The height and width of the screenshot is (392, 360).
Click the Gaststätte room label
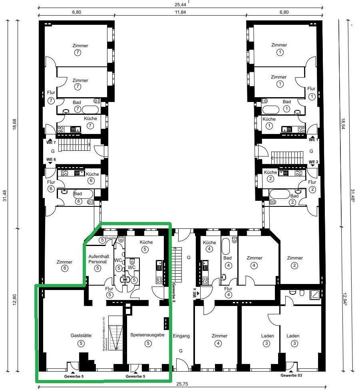[x=81, y=336]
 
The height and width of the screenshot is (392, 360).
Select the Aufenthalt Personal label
[x=98, y=258]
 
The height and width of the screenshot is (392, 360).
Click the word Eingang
[x=181, y=336]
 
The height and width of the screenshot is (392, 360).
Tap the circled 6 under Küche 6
[x=91, y=180]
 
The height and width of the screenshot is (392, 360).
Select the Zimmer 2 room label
[x=295, y=258]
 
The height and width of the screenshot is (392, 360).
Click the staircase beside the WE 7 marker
[x=75, y=146]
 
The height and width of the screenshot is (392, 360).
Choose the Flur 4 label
[x=228, y=289]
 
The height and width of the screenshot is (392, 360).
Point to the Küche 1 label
[x=269, y=119]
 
